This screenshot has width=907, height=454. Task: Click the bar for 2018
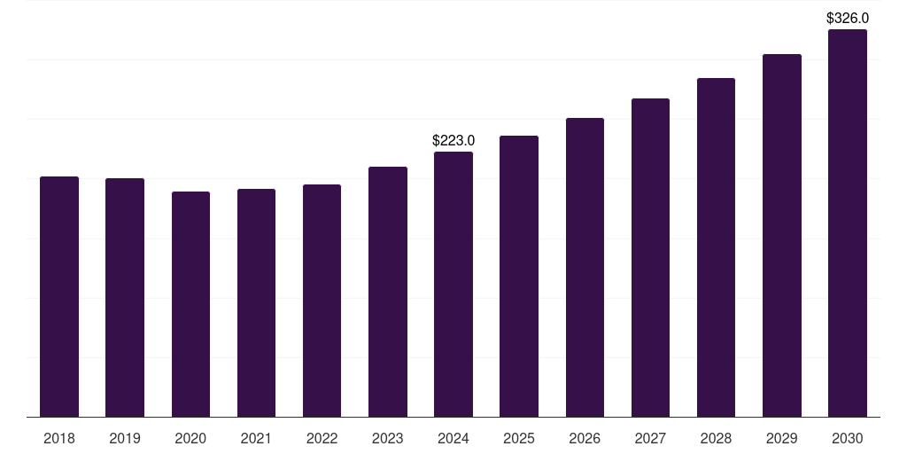[59, 297]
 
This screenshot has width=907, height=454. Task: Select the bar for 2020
[190, 304]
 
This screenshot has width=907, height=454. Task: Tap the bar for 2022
[322, 301]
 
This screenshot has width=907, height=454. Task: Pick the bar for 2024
[453, 285]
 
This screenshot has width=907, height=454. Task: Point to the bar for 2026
[585, 268]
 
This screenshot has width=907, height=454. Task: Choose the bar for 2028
[716, 247]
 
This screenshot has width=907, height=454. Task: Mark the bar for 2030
[847, 223]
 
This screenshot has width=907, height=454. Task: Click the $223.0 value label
[453, 140]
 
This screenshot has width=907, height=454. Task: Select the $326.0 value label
[847, 18]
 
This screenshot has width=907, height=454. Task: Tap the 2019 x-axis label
[125, 438]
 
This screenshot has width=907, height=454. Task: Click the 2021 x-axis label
[256, 438]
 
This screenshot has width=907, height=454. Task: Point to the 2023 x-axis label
[388, 438]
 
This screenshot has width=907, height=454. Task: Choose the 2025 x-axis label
[519, 438]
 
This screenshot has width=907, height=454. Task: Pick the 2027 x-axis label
[650, 438]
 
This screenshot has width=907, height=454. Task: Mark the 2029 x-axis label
[781, 438]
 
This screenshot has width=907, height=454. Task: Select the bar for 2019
[125, 298]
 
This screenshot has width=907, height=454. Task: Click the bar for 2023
[388, 292]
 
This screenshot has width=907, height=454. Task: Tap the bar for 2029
[781, 236]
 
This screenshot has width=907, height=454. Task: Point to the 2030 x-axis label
[847, 438]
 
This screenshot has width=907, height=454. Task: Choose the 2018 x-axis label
[59, 438]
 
